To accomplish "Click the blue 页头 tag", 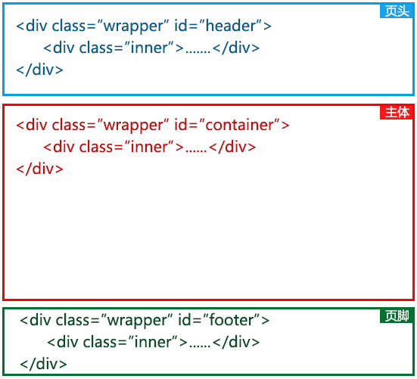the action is (397, 11).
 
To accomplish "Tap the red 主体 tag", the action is (397, 113).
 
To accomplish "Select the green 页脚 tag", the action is (397, 316).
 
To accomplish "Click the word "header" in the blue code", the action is (231, 26).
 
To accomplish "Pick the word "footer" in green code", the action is (232, 320).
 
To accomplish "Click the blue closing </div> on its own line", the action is (39, 70).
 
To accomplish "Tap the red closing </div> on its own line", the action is (39, 169).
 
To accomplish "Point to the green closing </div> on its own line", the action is (43, 364).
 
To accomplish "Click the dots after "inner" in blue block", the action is (198, 52).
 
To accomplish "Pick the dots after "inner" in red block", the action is (196, 151).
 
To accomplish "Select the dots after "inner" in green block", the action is (200, 346).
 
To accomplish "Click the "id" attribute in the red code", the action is (181, 125).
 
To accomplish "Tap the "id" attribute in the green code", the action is (185, 320).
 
